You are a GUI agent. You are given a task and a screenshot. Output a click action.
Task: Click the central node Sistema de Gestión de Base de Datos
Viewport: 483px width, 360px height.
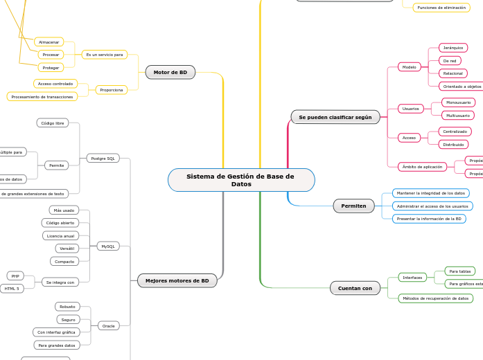click(240, 180)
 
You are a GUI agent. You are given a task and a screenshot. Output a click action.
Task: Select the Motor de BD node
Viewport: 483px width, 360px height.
click(170, 72)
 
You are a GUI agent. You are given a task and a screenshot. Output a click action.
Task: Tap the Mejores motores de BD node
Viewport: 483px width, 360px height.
click(177, 280)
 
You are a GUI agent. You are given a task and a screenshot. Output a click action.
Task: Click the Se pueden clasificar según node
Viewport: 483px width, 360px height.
click(335, 117)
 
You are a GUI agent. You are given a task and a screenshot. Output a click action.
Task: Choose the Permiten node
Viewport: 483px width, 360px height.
click(353, 206)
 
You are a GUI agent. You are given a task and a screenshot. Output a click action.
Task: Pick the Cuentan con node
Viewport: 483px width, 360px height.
click(355, 288)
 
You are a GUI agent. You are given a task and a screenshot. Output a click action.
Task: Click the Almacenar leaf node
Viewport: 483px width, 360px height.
click(49, 42)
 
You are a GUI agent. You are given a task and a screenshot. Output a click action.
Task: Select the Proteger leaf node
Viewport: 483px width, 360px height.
click(51, 67)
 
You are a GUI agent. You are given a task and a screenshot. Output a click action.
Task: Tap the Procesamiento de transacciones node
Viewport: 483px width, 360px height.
click(42, 96)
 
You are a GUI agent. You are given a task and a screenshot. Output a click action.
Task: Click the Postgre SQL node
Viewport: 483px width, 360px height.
click(103, 159)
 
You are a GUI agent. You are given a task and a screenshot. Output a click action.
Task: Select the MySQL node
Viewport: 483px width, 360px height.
click(108, 246)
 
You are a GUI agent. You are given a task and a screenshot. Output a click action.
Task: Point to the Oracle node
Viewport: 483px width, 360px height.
click(108, 325)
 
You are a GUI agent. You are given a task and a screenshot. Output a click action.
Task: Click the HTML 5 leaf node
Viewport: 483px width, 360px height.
click(12, 288)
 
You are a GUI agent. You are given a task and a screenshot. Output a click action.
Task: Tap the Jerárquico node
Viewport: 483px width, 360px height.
click(453, 48)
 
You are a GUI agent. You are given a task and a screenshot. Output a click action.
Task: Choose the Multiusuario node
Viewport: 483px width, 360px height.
click(457, 115)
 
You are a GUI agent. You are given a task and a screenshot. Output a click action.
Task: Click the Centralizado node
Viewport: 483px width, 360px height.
click(455, 132)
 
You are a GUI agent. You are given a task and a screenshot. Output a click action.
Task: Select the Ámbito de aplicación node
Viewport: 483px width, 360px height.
click(422, 166)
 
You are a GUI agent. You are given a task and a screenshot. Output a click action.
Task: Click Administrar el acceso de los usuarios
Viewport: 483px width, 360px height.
click(432, 206)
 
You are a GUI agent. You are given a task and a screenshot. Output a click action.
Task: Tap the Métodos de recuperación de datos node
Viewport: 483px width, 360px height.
click(435, 298)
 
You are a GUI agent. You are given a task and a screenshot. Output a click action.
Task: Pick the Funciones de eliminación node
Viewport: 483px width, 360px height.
click(441, 8)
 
